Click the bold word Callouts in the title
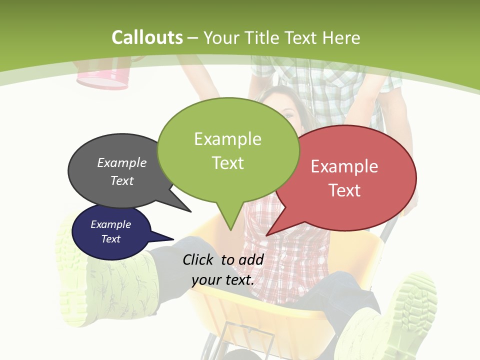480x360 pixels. [x=147, y=37]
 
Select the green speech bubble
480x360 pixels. [x=228, y=150]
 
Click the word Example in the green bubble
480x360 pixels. [x=227, y=139]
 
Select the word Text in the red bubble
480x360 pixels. [x=345, y=190]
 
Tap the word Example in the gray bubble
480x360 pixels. [x=122, y=163]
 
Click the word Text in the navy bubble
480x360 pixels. [x=111, y=239]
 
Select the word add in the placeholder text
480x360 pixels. [x=251, y=259]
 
